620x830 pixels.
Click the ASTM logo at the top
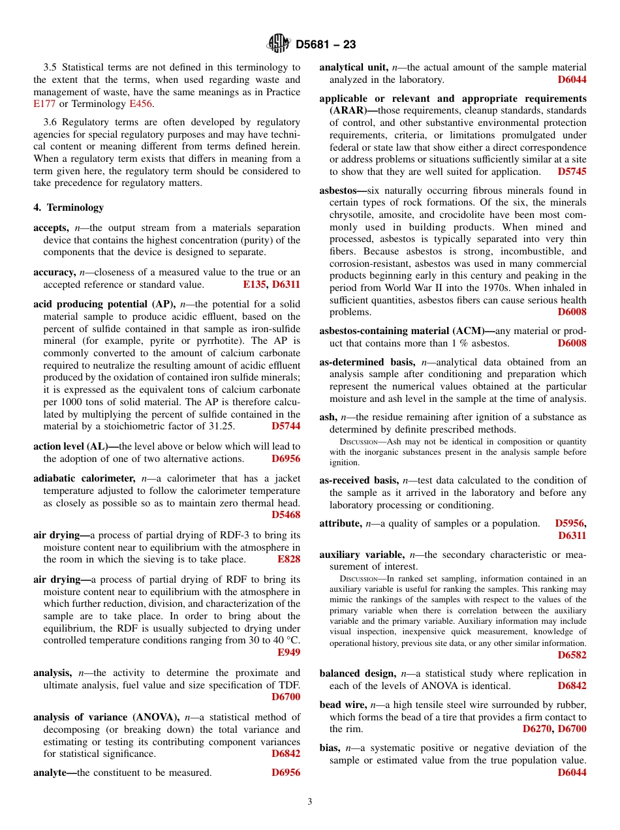[x=279, y=44]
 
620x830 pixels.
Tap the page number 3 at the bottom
[x=310, y=802]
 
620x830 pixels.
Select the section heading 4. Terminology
[x=69, y=207]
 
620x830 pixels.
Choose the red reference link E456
[x=141, y=104]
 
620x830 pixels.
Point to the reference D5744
[x=286, y=426]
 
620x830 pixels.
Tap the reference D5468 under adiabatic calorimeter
[x=286, y=515]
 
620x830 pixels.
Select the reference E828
[x=289, y=559]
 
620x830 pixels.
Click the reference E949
[x=289, y=652]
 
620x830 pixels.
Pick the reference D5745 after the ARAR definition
[x=572, y=172]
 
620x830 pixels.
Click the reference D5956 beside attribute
[x=570, y=523]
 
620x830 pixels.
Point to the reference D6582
[x=572, y=654]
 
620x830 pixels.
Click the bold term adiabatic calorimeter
[x=84, y=478]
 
